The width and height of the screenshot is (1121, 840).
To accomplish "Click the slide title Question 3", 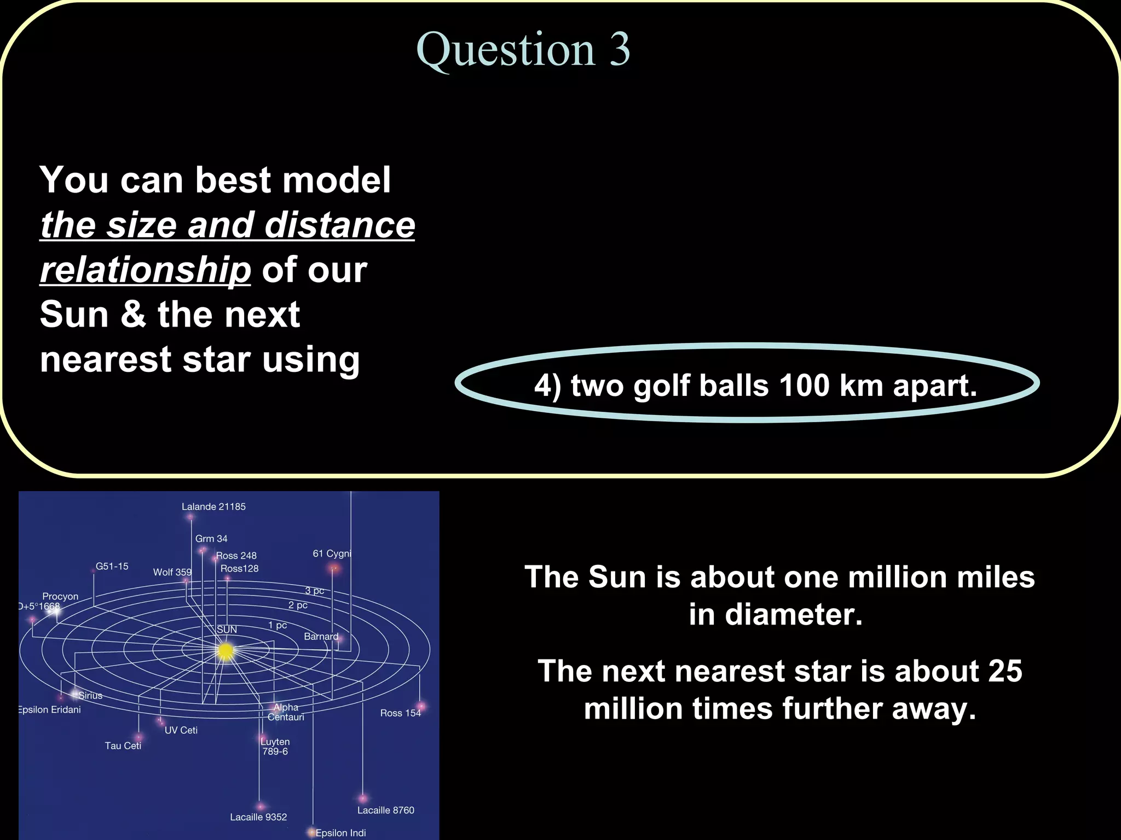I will pos(523,50).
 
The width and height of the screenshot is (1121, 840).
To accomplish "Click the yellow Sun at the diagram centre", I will pos(226,651).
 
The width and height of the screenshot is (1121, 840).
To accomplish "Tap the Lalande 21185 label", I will pos(213,507).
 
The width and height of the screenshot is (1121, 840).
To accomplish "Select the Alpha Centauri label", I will pos(286,712).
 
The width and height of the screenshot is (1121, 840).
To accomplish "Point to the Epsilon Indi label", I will pos(340,833).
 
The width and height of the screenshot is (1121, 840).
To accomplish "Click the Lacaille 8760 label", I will pos(386,810).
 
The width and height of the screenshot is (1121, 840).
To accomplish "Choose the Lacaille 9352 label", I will pos(258,817).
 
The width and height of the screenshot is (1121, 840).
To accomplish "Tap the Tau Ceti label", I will pos(123,745).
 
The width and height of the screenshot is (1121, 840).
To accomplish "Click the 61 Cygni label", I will pos(332,553).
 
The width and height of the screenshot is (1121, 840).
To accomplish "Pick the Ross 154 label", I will pos(400,713).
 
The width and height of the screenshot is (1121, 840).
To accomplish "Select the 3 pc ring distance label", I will pos(315,591).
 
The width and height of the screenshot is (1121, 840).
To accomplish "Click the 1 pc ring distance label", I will pos(278,625).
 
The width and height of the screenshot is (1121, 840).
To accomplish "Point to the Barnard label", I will pos(321,637).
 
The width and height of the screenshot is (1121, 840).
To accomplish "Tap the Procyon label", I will pos(60,596).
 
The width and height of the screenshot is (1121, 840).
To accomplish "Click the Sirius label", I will pos(90,696).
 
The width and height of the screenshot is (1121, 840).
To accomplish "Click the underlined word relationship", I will pos(146,270).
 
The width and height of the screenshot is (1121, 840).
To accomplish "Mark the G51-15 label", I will pos(112,567).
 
